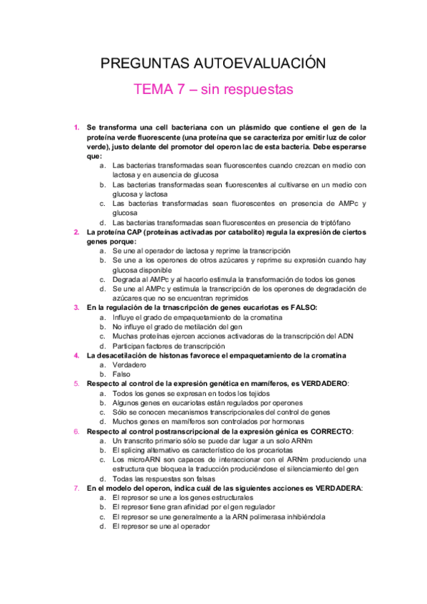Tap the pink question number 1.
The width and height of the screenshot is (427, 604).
point(76,127)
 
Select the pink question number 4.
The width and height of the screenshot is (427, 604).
point(76,355)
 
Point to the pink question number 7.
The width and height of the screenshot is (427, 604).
point(76,489)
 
